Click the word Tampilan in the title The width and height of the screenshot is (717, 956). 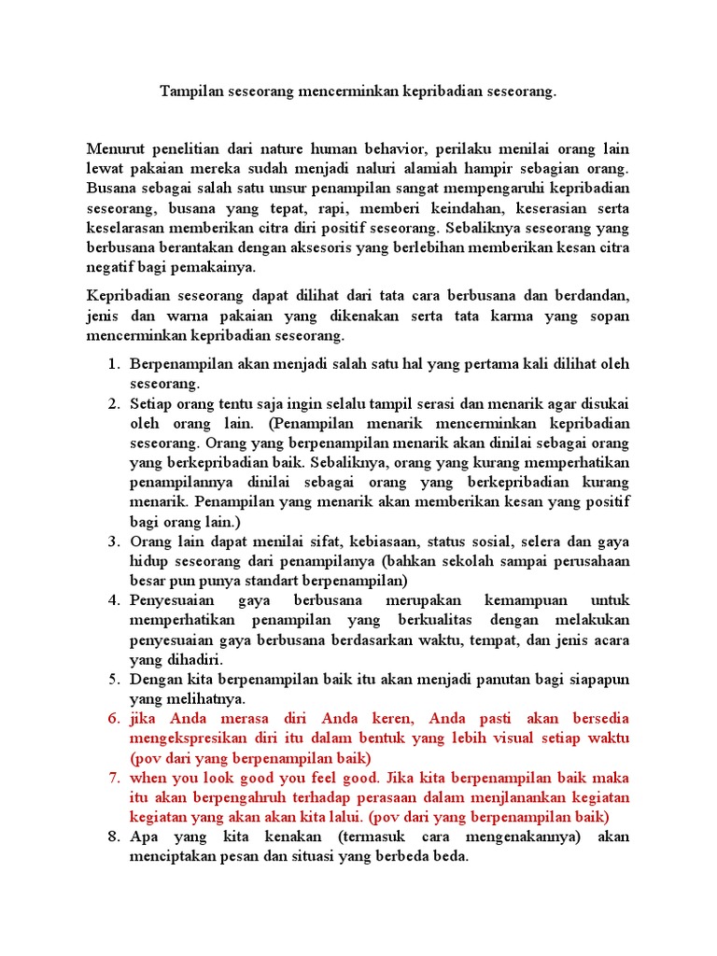(191, 92)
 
